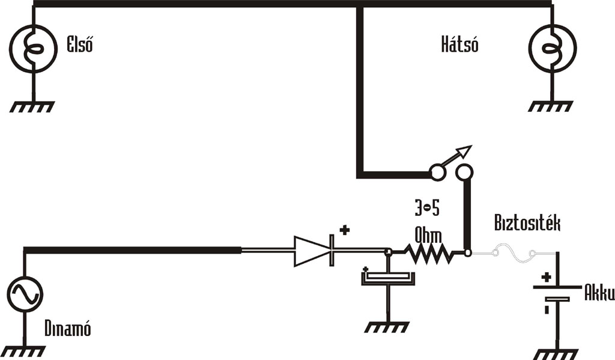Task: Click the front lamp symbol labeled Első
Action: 34,49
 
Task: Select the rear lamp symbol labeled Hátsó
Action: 551,49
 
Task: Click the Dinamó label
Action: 67,329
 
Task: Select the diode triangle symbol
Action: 312,251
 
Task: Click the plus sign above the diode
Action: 345,230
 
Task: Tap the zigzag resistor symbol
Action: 428,253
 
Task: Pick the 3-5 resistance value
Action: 427,209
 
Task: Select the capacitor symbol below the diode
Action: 387,278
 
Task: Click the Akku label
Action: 599,294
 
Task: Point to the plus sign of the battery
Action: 547,278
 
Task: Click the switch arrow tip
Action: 467,149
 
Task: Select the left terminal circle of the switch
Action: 437,173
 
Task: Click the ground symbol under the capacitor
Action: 387,327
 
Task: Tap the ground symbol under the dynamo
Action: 25,350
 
